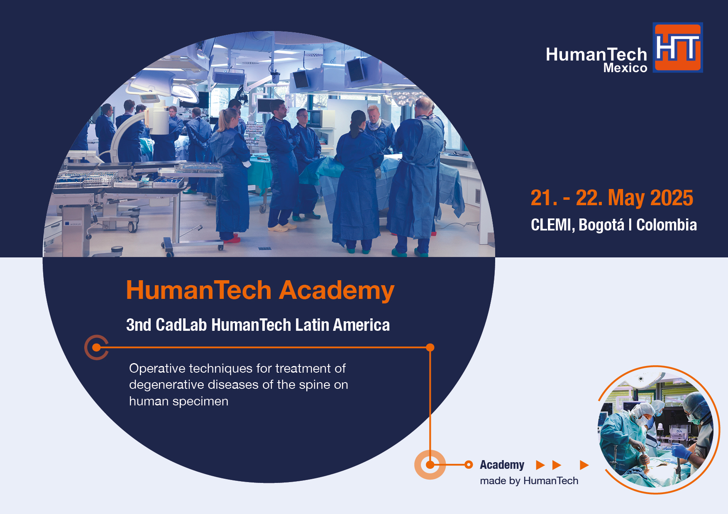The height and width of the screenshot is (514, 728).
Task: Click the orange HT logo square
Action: coord(678,48)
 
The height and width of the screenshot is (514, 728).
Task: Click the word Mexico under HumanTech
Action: coord(625,68)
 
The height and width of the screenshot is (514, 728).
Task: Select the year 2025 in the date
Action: coord(672,198)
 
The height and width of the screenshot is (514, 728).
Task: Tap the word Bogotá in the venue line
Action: coord(601,225)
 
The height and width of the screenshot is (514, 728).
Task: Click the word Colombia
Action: coord(667,225)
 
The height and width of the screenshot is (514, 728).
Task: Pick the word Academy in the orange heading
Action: coord(337,291)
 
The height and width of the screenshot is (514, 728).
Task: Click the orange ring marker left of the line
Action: coord(96,347)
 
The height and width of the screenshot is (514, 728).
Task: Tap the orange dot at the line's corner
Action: coord(430,347)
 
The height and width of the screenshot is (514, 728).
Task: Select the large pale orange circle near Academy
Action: coord(430,465)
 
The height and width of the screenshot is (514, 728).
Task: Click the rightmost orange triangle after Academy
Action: coord(584,465)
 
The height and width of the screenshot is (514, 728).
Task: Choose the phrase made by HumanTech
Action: coord(529,481)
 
